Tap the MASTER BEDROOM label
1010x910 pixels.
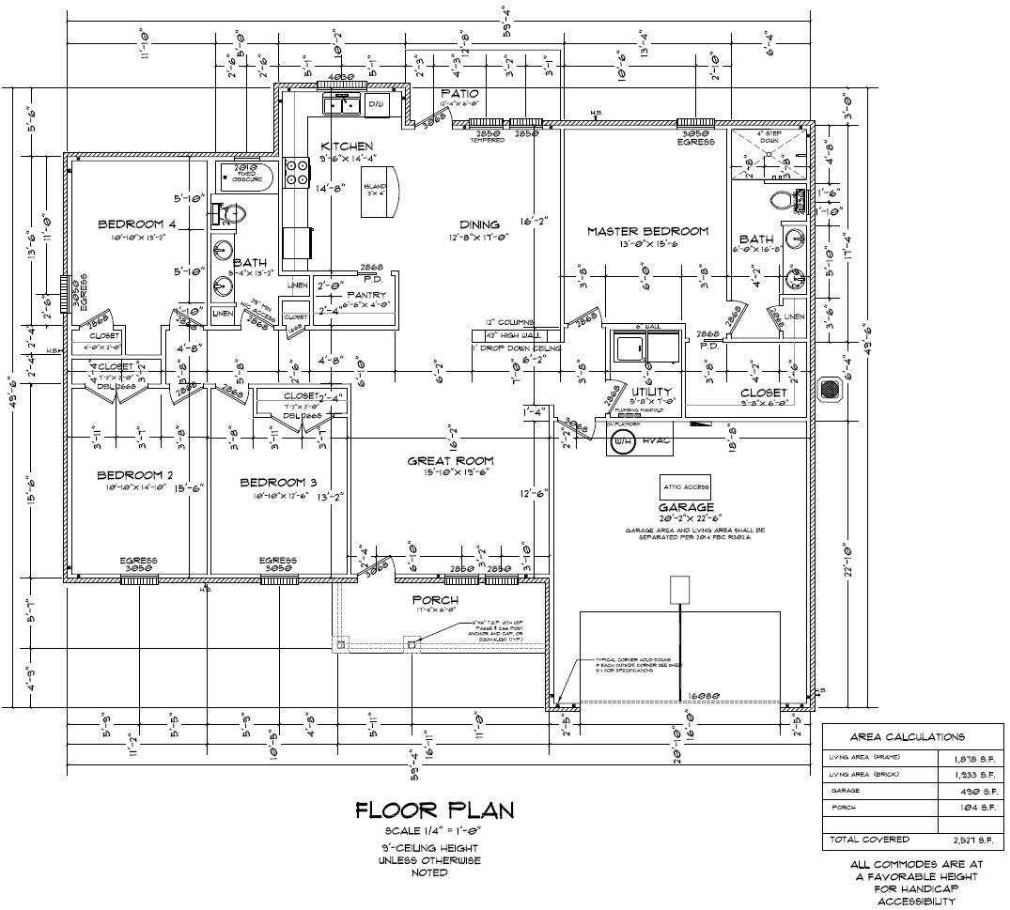647,231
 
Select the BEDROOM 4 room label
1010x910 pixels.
137,224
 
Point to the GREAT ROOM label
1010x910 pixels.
450,460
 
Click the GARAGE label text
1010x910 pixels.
685,507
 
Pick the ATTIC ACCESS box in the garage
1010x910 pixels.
685,487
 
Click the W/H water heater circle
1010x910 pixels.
620,444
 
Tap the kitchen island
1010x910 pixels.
381,193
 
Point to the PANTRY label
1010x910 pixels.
366,295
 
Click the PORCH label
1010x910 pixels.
435,600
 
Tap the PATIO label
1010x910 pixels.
459,94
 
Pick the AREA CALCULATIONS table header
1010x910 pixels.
907,737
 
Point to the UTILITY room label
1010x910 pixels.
651,392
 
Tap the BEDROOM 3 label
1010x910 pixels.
272,482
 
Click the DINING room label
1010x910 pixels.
479,224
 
